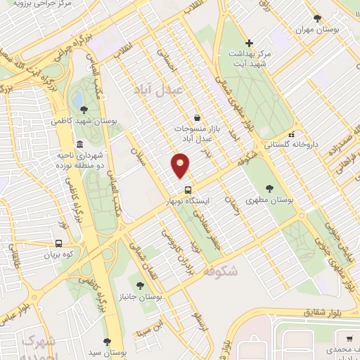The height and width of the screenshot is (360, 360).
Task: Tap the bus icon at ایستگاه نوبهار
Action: click(x=188, y=190)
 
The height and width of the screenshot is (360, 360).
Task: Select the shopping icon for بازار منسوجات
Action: click(x=196, y=118)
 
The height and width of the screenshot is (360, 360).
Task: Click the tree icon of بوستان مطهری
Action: click(x=270, y=188)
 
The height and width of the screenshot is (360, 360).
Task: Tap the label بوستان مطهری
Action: click(x=270, y=200)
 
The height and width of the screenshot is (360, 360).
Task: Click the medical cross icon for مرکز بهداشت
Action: click(x=248, y=44)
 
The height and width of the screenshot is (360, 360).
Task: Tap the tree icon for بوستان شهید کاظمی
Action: click(x=84, y=110)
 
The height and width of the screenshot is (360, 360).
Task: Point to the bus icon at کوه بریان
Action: click(x=58, y=244)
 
